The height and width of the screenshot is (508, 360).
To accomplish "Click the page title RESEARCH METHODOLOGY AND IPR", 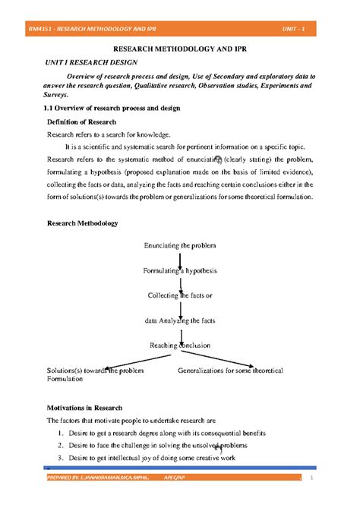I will (179, 49).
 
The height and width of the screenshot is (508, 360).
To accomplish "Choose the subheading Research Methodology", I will (83, 224).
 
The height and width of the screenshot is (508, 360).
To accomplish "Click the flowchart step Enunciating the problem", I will (180, 245).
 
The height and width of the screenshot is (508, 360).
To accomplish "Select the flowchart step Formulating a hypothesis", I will (180, 270).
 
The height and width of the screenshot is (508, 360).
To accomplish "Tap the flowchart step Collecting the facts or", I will (180, 295).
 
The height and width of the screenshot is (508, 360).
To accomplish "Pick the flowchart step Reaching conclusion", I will (180, 346).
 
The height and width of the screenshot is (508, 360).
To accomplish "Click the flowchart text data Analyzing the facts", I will (180, 320).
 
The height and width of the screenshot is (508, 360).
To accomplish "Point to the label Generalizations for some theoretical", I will (230, 370).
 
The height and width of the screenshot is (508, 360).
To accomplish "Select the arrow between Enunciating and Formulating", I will (180, 258).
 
